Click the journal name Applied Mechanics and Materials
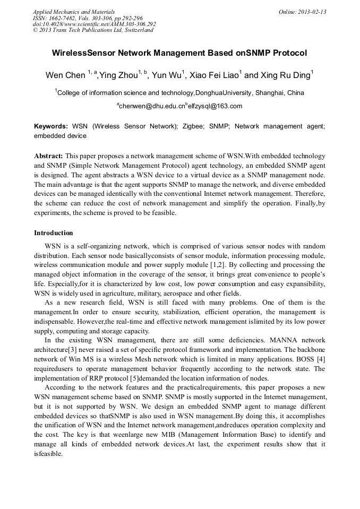[67, 12]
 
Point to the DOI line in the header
[95, 24]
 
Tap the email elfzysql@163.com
[215, 106]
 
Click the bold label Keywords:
[51, 127]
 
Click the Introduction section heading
[54, 233]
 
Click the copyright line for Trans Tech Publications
[93, 30]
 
